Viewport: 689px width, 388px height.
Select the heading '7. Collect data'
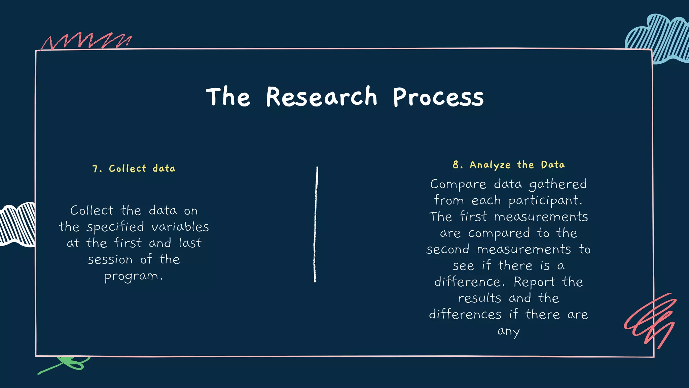pyautogui.click(x=134, y=168)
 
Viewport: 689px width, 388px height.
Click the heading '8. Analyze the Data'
pyautogui.click(x=508, y=165)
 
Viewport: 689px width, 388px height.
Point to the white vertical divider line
pyautogui.click(x=316, y=224)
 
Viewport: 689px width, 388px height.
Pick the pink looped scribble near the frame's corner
pyautogui.click(x=651, y=320)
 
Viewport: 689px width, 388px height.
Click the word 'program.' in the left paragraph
pyautogui.click(x=134, y=276)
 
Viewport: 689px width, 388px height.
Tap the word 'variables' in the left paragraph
pyautogui.click(x=180, y=227)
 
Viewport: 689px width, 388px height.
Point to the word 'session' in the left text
pyautogui.click(x=110, y=260)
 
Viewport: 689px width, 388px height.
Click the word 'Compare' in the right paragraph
pyautogui.click(x=458, y=185)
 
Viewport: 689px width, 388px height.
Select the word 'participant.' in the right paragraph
pyautogui.click(x=545, y=201)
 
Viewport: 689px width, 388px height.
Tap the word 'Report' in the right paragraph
pyautogui.click(x=534, y=282)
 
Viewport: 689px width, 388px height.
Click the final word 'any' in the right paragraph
pyautogui.click(x=508, y=331)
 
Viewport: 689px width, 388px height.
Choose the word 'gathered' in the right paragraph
pyautogui.click(x=558, y=185)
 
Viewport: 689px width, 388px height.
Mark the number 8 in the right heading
pyautogui.click(x=456, y=165)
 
